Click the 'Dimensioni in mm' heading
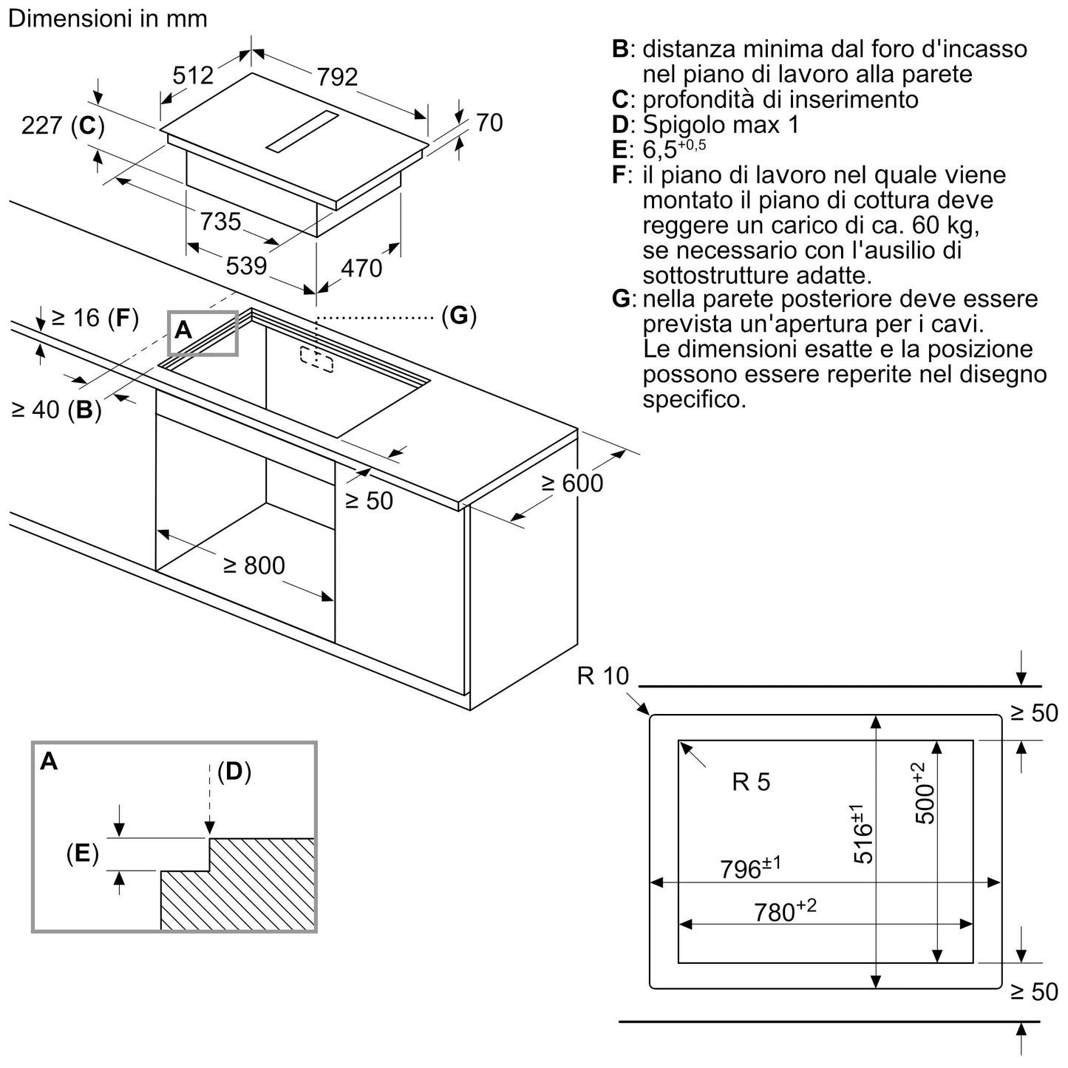[x=108, y=18]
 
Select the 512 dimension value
[x=192, y=75]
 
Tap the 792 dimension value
[x=337, y=76]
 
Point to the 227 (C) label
[x=63, y=126]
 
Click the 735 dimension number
[x=221, y=221]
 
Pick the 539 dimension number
[x=246, y=265]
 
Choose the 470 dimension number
[x=361, y=268]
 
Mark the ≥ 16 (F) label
[x=95, y=318]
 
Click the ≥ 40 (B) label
[x=57, y=409]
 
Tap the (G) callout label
[x=459, y=316]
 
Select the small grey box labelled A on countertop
[x=203, y=333]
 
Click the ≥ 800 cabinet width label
[x=254, y=565]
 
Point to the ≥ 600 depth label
[x=572, y=483]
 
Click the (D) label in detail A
[x=234, y=772]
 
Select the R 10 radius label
[x=603, y=676]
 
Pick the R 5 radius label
[x=751, y=782]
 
